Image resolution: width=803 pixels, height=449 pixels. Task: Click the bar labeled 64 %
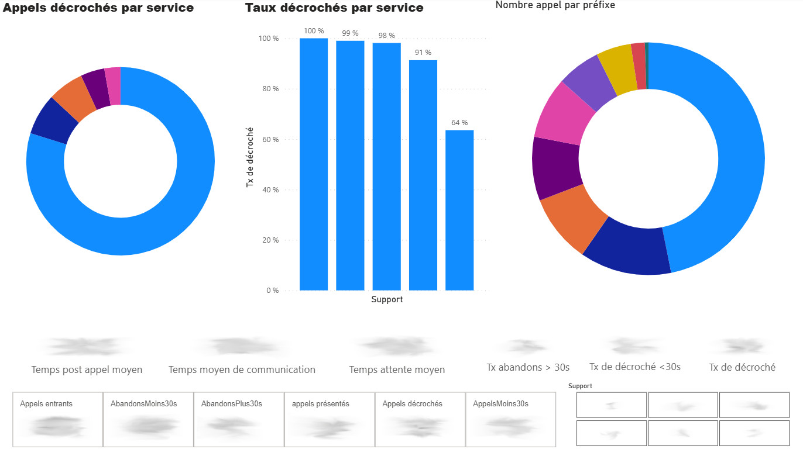tap(459, 210)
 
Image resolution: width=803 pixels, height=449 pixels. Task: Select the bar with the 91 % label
tap(423, 175)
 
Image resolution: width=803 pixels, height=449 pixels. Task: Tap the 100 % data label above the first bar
tap(314, 31)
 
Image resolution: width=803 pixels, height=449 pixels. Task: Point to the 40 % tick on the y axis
tap(269, 190)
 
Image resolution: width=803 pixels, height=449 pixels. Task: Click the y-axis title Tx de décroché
tap(250, 157)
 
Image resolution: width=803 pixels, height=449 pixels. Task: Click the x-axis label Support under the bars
tap(387, 299)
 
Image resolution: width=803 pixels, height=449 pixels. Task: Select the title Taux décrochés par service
tap(334, 8)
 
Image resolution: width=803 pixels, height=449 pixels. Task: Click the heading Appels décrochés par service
tap(98, 8)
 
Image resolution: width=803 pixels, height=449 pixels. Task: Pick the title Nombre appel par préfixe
tap(555, 5)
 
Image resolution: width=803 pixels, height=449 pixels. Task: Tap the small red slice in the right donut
tap(639, 66)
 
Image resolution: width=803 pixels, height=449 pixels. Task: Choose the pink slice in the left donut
tap(113, 87)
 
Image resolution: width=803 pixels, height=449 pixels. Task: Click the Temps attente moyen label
tap(397, 369)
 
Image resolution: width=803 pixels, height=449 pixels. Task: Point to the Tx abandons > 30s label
tap(528, 367)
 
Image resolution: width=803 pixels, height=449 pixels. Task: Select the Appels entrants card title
tap(46, 403)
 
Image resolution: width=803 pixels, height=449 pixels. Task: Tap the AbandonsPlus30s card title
tap(231, 403)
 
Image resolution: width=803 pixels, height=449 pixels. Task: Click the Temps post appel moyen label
tap(87, 369)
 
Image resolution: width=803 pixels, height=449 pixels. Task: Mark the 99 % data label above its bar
tap(350, 33)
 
